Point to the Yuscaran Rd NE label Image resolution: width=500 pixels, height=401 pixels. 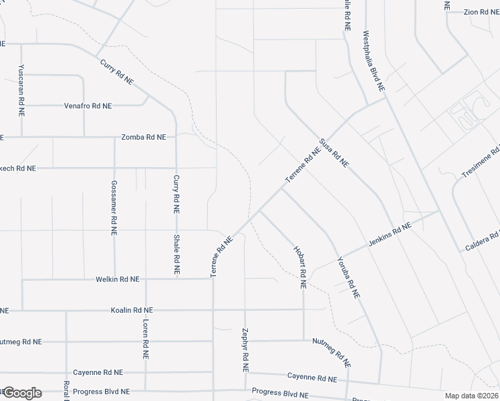(x=21, y=91)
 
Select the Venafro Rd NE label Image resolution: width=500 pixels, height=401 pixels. (x=88, y=106)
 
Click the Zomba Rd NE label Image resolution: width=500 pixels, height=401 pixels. (x=143, y=137)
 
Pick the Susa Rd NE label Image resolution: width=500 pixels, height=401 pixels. (x=334, y=153)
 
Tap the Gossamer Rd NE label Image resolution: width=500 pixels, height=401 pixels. (x=114, y=201)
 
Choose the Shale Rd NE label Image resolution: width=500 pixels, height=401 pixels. (x=176, y=255)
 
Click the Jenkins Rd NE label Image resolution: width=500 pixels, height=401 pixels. (x=389, y=237)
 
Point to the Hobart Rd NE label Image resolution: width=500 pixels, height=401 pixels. (x=299, y=266)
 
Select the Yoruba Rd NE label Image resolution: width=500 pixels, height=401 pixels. (x=348, y=277)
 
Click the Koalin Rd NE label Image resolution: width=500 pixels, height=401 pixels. (x=132, y=310)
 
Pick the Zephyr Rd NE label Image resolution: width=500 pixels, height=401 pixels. (x=245, y=350)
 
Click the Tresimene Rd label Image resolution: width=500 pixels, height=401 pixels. (x=481, y=161)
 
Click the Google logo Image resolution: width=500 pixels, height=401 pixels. (x=21, y=392)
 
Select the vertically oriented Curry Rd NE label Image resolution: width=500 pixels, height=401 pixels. (x=176, y=194)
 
